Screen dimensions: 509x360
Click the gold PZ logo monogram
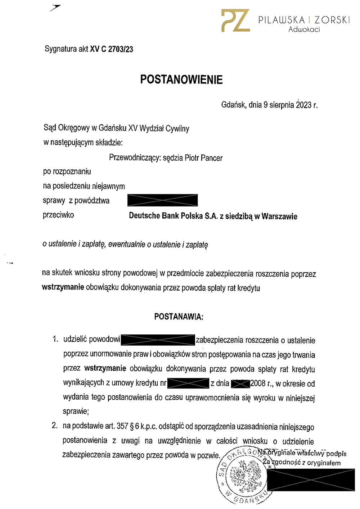[235, 21]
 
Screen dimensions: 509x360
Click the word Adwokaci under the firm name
[304, 29]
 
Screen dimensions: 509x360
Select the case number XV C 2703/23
[112, 49]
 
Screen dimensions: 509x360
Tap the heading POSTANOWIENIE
[181, 79]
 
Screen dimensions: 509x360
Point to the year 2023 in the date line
[303, 105]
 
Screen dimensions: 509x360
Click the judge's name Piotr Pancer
[203, 158]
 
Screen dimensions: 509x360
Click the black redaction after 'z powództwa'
[162, 200]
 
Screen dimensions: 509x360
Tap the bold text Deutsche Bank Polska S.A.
[173, 216]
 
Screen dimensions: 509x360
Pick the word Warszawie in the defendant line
[279, 216]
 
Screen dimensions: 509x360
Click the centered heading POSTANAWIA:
[179, 317]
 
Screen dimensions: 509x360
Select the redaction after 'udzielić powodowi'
[158, 340]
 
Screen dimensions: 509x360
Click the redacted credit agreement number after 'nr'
[188, 383]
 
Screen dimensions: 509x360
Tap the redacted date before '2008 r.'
[240, 383]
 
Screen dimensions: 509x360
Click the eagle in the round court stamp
[245, 475]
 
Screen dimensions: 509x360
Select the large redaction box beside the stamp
[311, 480]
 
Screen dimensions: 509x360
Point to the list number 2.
[55, 426]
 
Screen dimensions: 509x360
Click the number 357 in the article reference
[122, 426]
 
